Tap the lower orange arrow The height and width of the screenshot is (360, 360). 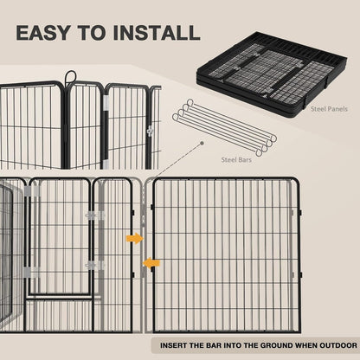pos(151,262)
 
